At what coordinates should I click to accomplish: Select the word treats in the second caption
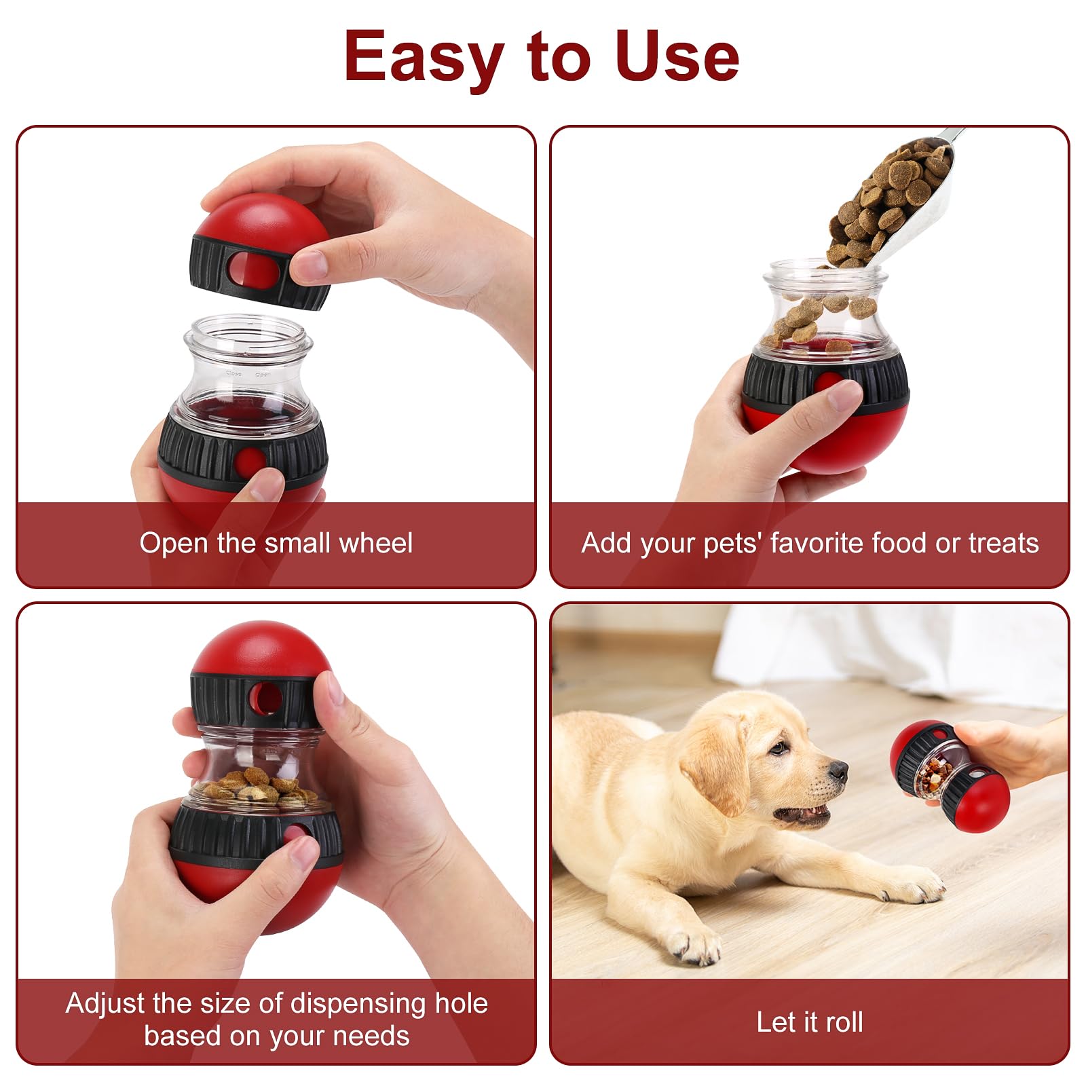pos(1003,543)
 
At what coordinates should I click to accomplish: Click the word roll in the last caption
pos(844,1022)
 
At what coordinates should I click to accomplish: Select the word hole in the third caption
pos(462,1003)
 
